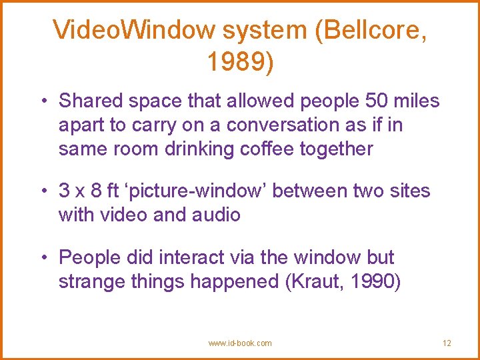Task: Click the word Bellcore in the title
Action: pos(372,31)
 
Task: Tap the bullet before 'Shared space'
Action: pos(42,101)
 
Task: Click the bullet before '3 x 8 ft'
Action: pos(42,191)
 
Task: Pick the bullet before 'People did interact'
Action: pos(42,257)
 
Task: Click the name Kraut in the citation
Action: pos(313,281)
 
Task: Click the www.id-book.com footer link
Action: pos(240,343)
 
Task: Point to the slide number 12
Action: pos(447,343)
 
